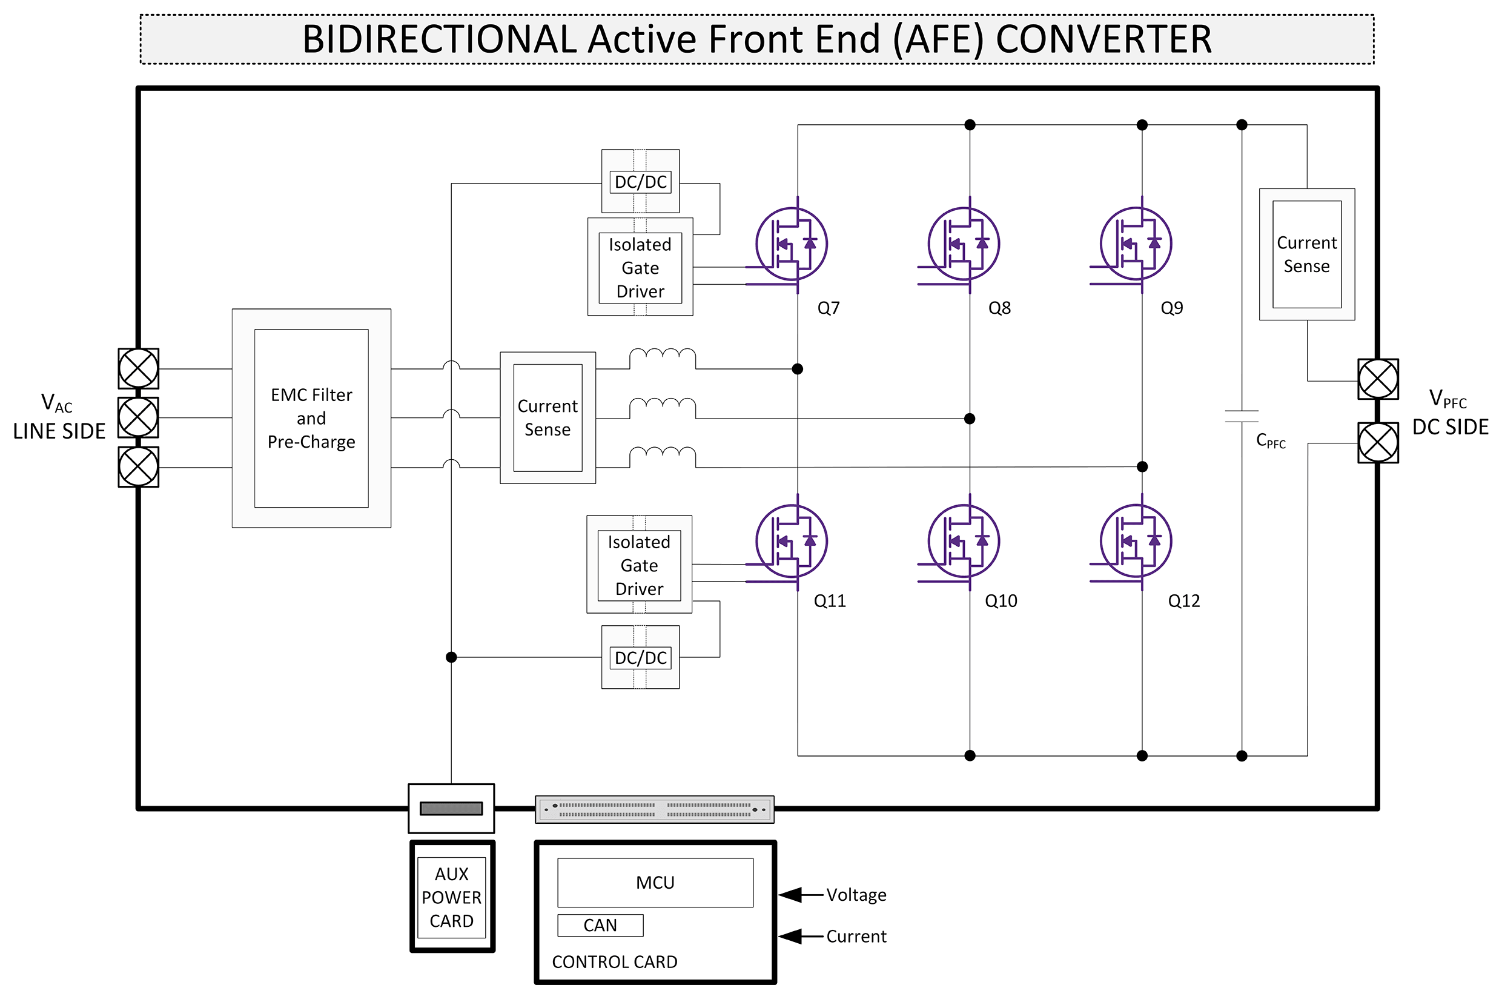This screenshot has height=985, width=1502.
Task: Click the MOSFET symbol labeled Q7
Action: coord(792,244)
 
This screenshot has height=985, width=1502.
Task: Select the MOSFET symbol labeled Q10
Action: coord(964,540)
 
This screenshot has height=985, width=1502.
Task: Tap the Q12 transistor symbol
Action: coord(1136,540)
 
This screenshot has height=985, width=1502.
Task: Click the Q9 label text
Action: coord(1172,308)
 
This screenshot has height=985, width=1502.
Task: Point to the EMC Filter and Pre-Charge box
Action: coord(311,418)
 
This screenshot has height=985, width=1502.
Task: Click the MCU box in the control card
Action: coord(655,882)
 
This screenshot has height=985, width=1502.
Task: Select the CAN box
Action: coord(600,925)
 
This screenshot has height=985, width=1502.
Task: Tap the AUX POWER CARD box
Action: coord(452,897)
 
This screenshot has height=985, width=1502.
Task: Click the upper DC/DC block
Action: coord(641,182)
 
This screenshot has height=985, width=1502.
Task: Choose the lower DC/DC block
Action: coord(641,658)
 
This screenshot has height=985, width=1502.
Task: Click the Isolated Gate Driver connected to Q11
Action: coord(640,565)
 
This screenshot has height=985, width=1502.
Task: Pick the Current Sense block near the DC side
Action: coord(1306,254)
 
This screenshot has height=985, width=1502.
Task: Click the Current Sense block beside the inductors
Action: coord(547,417)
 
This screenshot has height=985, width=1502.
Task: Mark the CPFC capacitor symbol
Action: coord(1242,416)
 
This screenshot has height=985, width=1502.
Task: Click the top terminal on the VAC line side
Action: coord(138,368)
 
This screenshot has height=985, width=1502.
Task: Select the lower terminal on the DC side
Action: coord(1378,443)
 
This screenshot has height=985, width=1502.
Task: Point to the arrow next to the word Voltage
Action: coord(792,895)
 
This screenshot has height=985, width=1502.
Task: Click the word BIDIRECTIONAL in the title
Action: coord(439,39)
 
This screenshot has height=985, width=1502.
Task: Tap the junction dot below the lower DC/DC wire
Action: coord(451,657)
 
